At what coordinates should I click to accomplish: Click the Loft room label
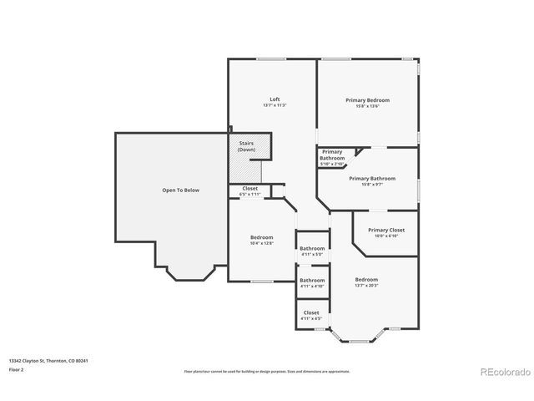pos(275,99)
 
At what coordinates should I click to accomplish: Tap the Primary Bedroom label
pos(368,99)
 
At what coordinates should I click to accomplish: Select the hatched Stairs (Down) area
pos(245,169)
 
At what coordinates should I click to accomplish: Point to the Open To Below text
pos(180,190)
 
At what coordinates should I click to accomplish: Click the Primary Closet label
pos(386,230)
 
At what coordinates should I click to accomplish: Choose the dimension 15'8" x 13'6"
pos(368,106)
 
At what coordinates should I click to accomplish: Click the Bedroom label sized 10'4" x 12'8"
pos(261,237)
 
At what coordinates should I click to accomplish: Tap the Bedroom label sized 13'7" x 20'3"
pos(366,279)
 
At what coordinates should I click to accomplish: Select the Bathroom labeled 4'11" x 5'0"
pos(312,248)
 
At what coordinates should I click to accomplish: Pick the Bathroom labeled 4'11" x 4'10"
pos(312,280)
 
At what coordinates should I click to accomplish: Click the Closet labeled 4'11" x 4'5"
pos(311,312)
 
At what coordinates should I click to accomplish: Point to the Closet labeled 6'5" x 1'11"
pos(250,189)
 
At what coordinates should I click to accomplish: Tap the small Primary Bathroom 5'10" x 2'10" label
pos(332,155)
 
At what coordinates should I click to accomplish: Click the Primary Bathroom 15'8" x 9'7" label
pos(372,178)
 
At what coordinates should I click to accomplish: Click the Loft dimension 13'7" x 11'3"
pos(275,106)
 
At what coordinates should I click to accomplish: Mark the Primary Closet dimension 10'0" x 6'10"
pos(386,236)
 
